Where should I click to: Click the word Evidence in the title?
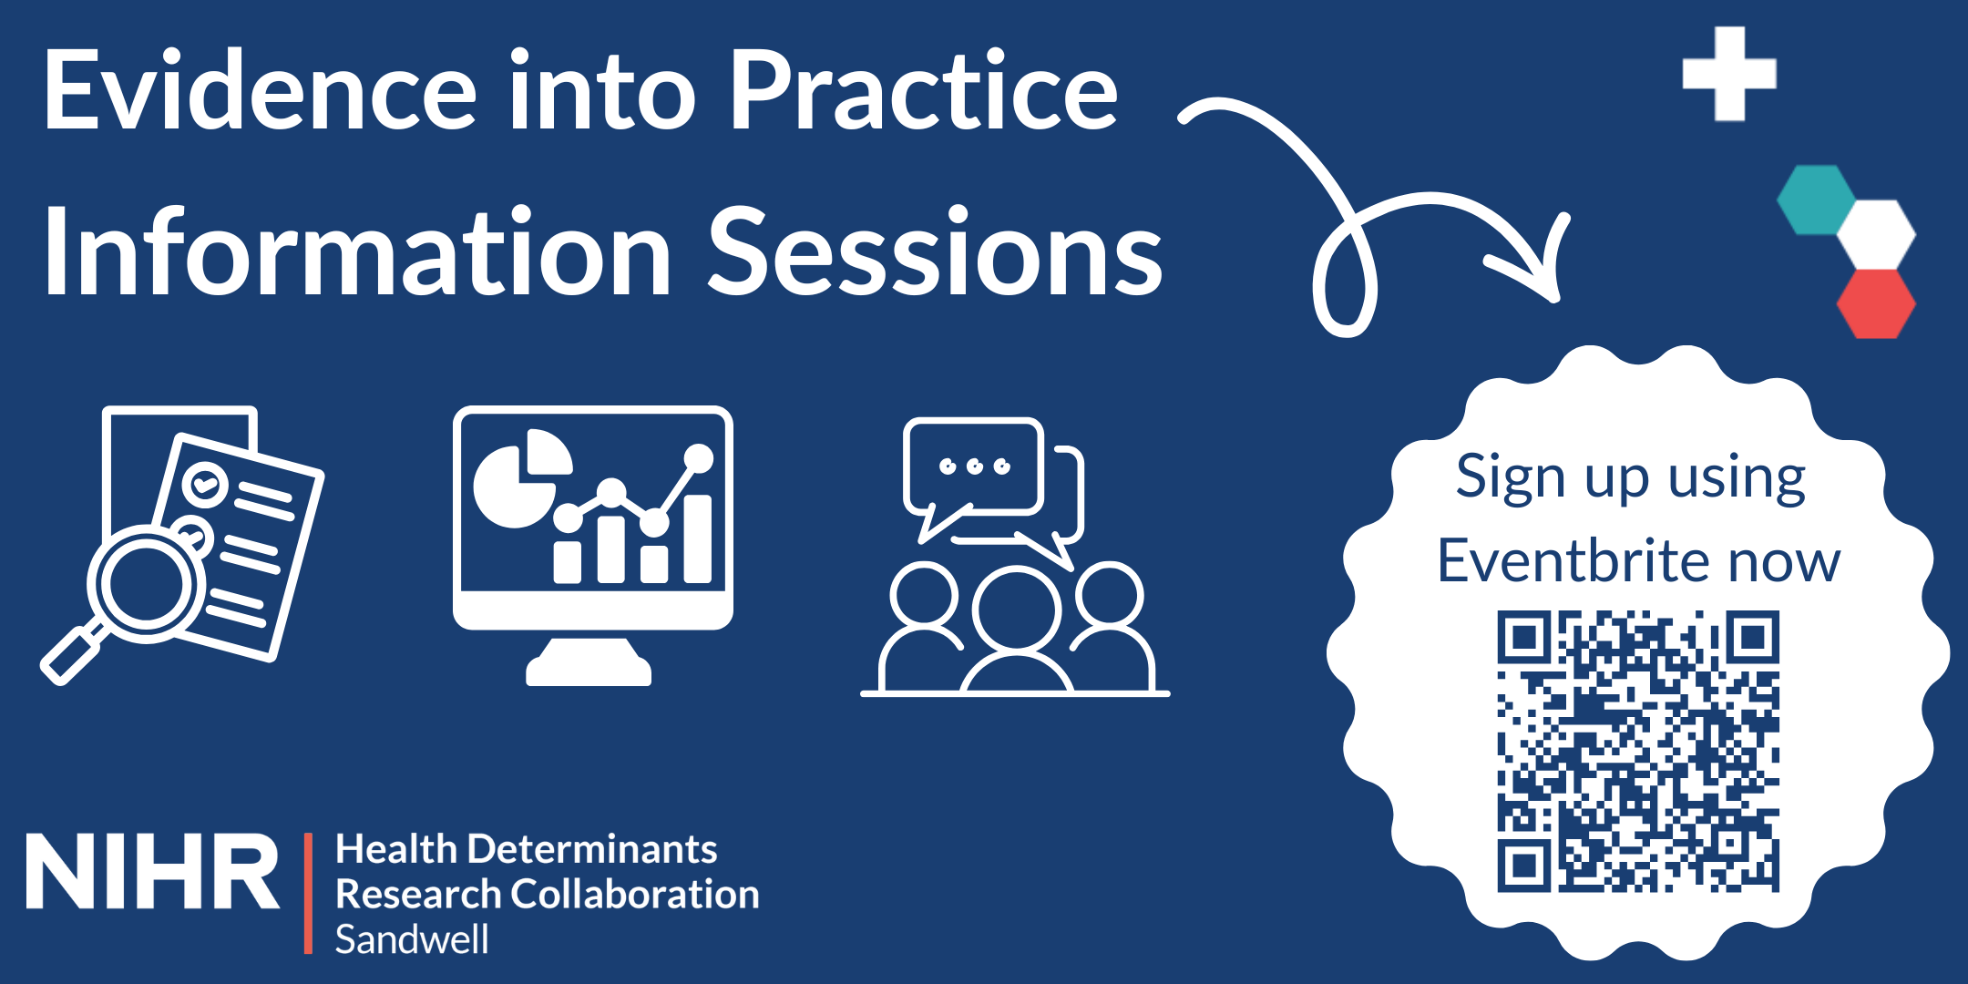260,91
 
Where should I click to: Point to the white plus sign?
1728,74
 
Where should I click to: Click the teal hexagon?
1817,200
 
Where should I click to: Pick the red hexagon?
1875,303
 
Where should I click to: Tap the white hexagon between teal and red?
1875,234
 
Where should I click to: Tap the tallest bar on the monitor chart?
698,538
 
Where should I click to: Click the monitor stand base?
589,670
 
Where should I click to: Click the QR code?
1638,752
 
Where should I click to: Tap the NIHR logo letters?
152,871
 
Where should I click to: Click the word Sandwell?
412,939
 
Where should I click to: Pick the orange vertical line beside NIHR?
308,893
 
